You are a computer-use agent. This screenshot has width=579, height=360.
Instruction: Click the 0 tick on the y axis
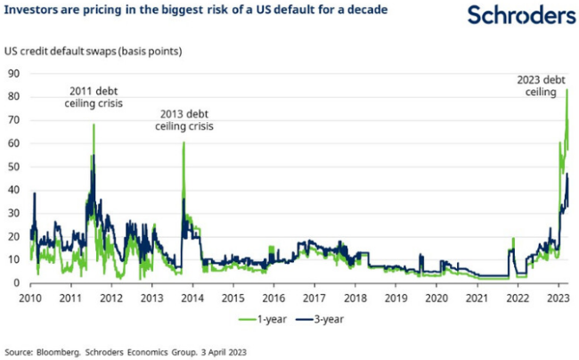point(17,283)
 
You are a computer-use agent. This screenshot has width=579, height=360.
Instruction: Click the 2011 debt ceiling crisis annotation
point(94,97)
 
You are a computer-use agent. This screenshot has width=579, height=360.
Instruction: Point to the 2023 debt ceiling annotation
point(542,86)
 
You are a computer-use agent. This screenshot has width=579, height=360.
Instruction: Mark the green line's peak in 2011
point(94,125)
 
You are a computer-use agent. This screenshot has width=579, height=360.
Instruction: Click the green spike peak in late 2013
point(183,143)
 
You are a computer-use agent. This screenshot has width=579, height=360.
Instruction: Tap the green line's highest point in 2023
point(567,89)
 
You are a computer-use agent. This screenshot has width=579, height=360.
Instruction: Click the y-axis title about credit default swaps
point(94,51)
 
